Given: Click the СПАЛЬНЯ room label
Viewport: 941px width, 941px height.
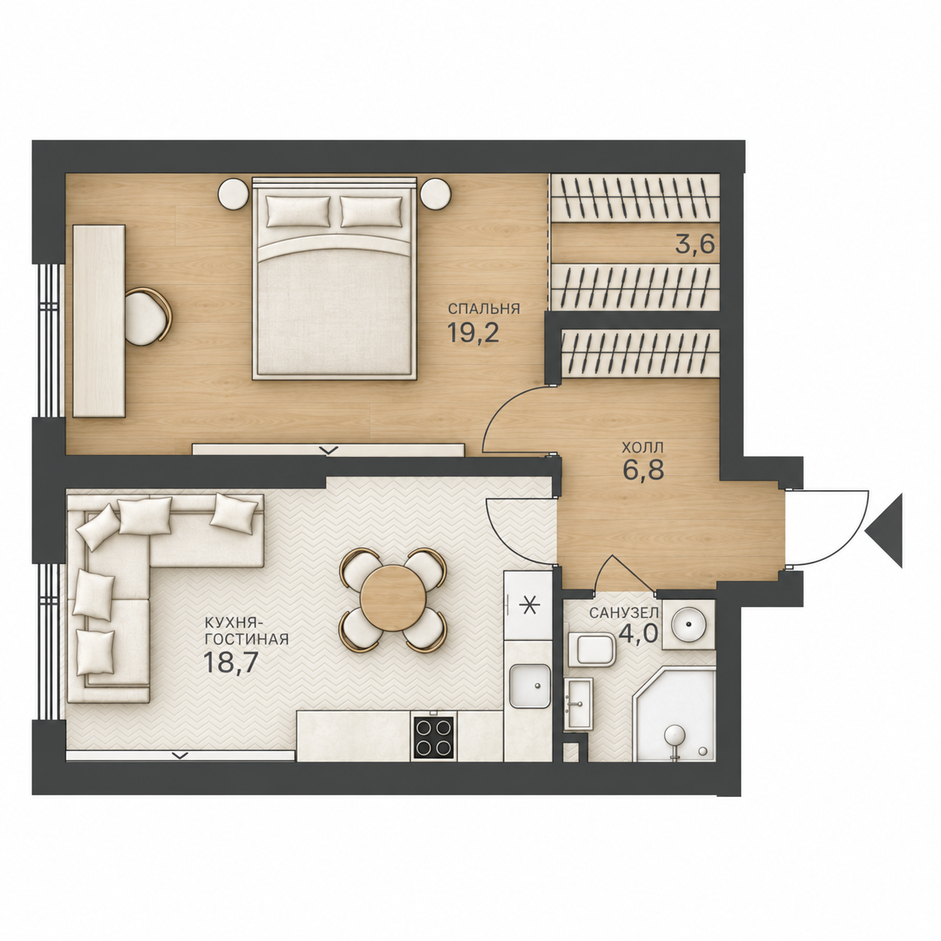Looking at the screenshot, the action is [483, 308].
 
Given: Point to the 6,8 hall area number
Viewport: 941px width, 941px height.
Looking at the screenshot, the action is [643, 470].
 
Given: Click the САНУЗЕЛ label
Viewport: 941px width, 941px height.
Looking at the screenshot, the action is [624, 613].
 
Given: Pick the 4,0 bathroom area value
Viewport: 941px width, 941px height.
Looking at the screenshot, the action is [639, 634].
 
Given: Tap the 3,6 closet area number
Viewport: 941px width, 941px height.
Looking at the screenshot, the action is [694, 244].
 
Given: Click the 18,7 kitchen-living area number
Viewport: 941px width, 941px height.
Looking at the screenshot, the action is [230, 663].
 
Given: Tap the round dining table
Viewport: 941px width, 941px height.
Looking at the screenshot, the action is [393, 599].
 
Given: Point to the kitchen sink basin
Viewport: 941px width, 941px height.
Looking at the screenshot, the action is [530, 686].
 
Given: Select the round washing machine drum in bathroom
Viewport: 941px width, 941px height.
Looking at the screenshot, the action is [689, 624].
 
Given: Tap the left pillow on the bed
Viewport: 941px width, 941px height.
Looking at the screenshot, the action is [299, 212].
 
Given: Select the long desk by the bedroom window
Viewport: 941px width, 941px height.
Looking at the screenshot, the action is [99, 321].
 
